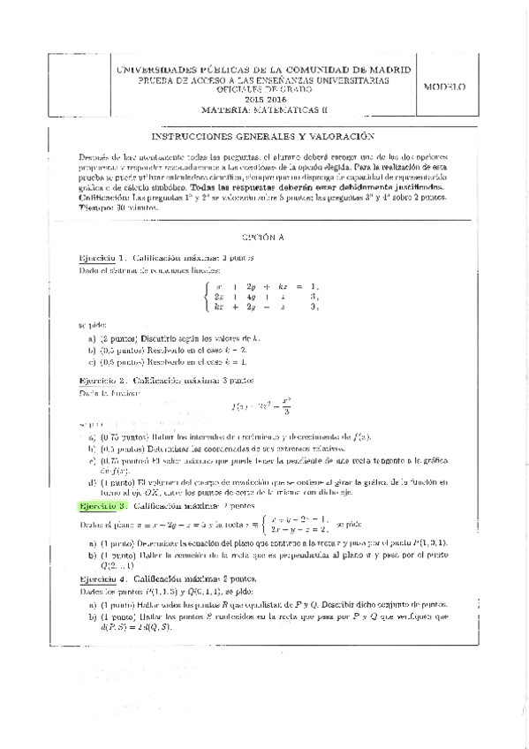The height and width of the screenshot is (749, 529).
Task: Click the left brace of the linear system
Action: pyautogui.click(x=207, y=296)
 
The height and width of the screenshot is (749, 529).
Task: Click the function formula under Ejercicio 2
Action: pyautogui.click(x=261, y=408)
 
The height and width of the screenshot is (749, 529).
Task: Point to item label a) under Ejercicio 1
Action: pyautogui.click(x=92, y=338)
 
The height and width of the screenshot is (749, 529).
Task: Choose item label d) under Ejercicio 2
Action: pyautogui.click(x=92, y=481)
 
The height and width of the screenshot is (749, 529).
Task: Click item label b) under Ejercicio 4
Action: pyautogui.click(x=92, y=616)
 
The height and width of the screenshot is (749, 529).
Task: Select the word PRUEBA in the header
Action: pyautogui.click(x=147, y=79)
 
